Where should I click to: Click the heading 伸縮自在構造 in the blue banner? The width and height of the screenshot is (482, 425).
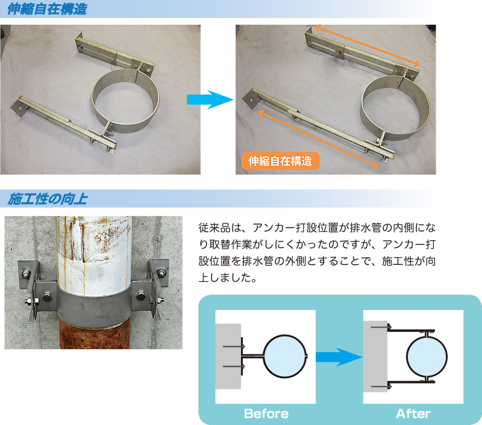tap(47, 9)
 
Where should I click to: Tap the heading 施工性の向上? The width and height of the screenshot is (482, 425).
tap(48, 199)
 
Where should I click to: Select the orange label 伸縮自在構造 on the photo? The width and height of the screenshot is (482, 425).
tap(280, 161)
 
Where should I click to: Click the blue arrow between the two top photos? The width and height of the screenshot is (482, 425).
tap(210, 99)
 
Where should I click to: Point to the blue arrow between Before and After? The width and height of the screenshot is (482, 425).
tap(339, 357)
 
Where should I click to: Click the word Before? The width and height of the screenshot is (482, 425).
tap(266, 414)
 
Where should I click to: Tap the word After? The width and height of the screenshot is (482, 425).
tap(413, 414)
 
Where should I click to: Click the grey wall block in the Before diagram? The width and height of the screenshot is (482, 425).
tap(228, 356)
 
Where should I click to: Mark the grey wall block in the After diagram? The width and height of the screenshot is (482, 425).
tap(375, 356)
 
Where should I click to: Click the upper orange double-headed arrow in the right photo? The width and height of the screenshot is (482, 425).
tap(368, 45)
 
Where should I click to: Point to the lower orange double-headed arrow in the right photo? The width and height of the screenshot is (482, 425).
tap(318, 139)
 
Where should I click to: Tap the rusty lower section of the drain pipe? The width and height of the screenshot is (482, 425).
tap(95, 333)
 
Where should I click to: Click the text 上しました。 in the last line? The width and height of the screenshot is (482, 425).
tap(228, 278)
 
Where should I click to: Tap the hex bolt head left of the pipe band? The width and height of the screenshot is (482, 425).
tap(48, 297)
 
